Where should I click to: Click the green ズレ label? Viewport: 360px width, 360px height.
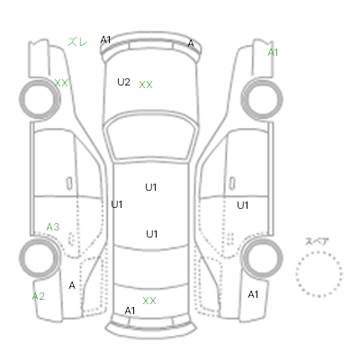click(x=77, y=41)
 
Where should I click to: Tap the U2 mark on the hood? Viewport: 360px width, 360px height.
click(x=123, y=82)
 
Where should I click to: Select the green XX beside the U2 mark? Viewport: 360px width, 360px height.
click(x=146, y=85)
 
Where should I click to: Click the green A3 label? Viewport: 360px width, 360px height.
click(x=53, y=227)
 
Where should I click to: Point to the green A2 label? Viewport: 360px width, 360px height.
click(x=39, y=296)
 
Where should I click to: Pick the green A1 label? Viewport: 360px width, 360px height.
click(x=273, y=52)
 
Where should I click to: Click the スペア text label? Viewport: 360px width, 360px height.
click(x=317, y=241)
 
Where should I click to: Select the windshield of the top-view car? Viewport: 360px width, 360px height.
click(x=152, y=138)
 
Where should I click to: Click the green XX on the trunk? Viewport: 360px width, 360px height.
click(x=149, y=301)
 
